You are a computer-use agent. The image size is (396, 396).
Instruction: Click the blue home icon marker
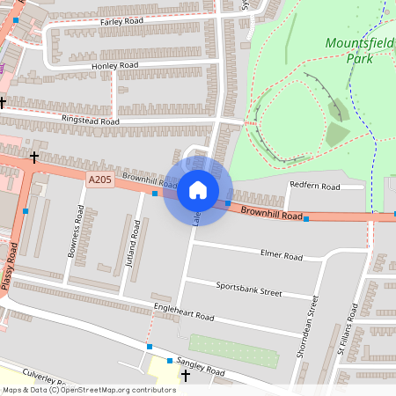[x=197, y=190]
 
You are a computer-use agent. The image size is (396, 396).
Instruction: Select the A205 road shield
[x=99, y=180]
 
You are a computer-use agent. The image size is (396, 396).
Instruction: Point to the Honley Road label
[x=114, y=66]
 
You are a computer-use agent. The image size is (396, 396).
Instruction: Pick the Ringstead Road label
[x=90, y=120]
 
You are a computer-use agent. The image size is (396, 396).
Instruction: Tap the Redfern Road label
[x=314, y=187]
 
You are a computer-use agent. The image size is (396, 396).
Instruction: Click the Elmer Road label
[x=282, y=257]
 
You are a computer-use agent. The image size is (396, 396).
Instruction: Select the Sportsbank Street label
[x=248, y=289]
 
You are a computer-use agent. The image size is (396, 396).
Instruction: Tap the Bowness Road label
[x=75, y=231]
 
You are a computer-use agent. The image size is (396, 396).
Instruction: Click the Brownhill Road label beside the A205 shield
[x=150, y=181]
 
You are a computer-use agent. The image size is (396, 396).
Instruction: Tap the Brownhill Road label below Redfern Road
[x=271, y=213]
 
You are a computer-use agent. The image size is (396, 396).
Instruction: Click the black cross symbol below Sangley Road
[x=185, y=377]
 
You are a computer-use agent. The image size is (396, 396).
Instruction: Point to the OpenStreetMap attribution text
[x=89, y=390]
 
